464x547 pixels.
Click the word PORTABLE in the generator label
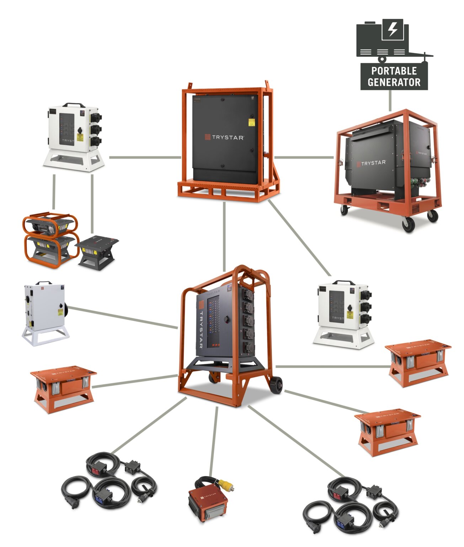[x=394, y=71]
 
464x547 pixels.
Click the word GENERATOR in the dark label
[x=394, y=82]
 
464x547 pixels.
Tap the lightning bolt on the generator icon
[x=393, y=29]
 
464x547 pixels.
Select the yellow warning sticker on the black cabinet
[x=251, y=123]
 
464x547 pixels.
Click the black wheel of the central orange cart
[x=277, y=385]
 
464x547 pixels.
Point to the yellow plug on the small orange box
[x=226, y=484]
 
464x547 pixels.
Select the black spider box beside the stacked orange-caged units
[x=97, y=251]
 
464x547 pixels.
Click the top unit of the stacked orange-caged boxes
[x=50, y=224]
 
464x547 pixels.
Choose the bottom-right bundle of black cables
[x=350, y=506]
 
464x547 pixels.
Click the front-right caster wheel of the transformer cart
[x=409, y=224]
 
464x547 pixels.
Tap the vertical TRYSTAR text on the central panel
[x=201, y=329]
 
